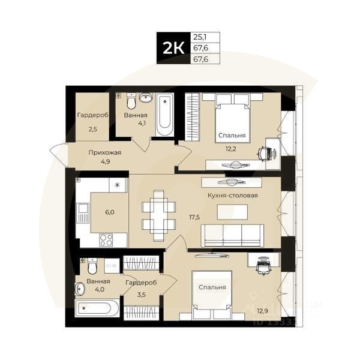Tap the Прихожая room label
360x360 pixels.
104,152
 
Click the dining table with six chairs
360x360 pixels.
158,212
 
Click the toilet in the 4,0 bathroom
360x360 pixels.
92,266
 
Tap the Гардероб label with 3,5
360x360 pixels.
141,283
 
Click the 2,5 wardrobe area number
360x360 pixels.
93,129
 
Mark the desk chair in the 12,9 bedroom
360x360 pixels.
262,266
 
